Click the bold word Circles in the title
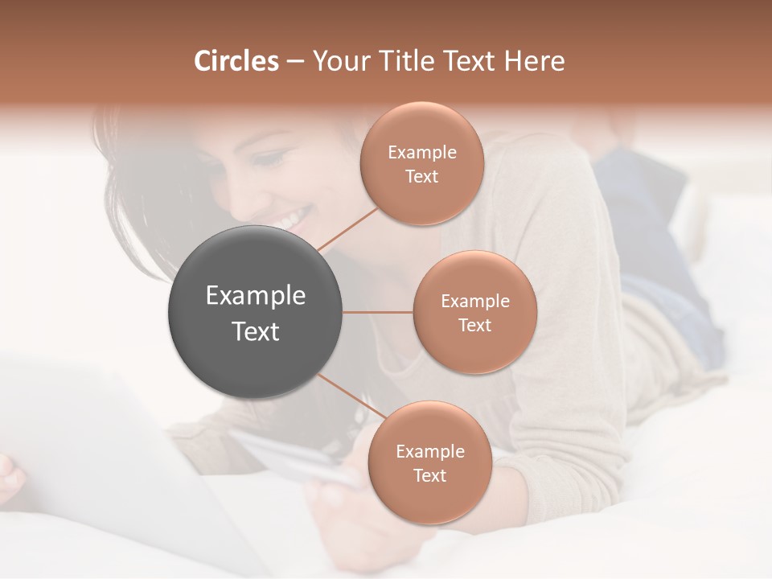236,61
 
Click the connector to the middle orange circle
378,312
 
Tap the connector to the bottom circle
351,396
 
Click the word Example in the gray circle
256,296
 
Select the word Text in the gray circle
256,331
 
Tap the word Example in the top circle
422,152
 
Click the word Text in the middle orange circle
475,325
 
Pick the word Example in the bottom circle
430,451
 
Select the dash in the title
295,62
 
